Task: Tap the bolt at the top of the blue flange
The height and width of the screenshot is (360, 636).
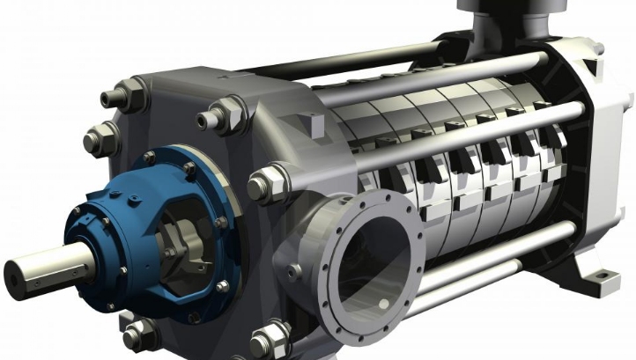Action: pos(189,167)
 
